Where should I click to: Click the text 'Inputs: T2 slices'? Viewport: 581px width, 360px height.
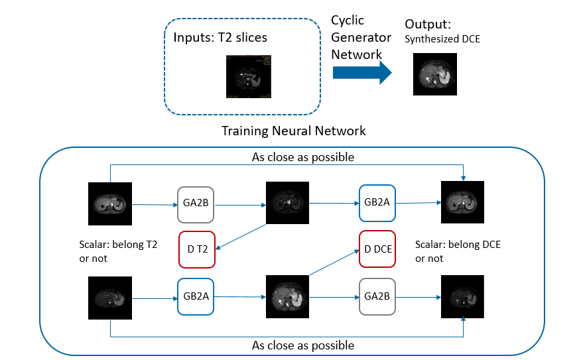click(x=220, y=38)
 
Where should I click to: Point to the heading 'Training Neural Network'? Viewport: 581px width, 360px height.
click(x=294, y=131)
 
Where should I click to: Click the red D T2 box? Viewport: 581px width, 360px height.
click(x=196, y=249)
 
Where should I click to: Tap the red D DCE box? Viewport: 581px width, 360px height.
click(x=377, y=249)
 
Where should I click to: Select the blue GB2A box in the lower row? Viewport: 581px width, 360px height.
click(x=196, y=296)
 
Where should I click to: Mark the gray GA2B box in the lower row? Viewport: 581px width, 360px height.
click(x=377, y=296)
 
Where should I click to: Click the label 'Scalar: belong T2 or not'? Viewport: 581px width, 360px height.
click(x=118, y=251)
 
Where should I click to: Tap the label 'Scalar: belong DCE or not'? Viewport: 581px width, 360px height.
click(x=458, y=251)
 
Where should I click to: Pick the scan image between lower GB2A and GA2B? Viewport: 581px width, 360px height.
click(x=287, y=298)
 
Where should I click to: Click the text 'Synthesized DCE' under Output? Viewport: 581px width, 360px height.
click(x=442, y=39)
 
